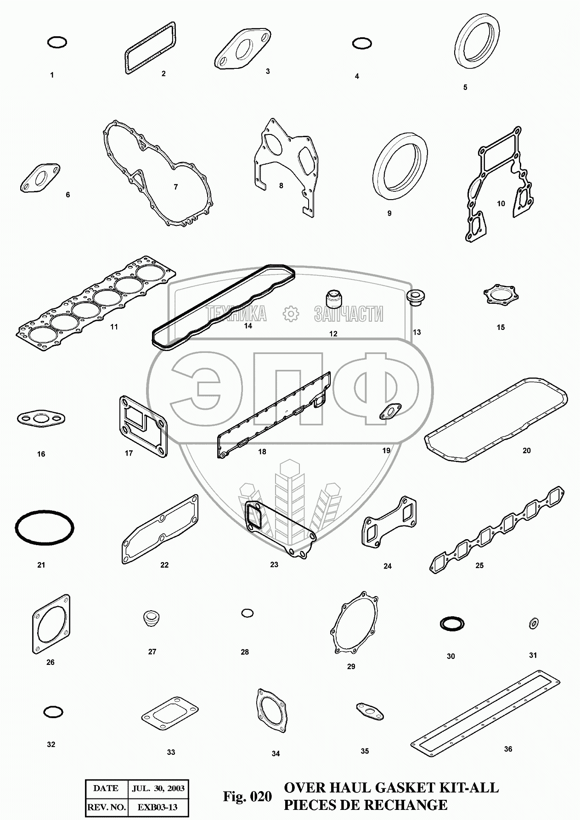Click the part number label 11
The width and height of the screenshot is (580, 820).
point(114,327)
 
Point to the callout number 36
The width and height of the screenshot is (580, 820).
point(508,749)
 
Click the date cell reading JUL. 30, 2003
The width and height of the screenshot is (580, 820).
point(158,788)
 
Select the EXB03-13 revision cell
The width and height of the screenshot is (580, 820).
point(158,807)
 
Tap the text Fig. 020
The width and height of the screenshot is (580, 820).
point(248,797)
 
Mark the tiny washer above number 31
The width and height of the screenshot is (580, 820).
point(534,623)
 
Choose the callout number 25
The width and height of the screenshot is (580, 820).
point(479,565)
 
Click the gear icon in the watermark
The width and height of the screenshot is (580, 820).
point(290,313)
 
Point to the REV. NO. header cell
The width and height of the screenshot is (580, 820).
point(106,807)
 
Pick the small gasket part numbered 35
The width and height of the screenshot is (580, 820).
point(370,711)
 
